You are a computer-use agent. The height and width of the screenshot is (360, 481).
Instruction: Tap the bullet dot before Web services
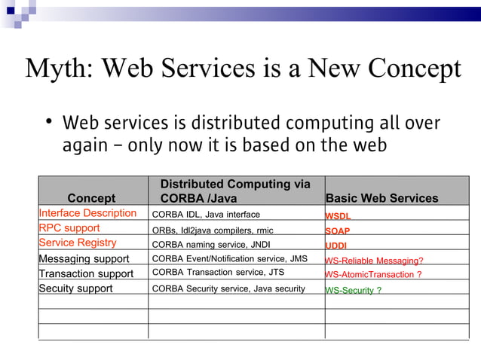click(47, 123)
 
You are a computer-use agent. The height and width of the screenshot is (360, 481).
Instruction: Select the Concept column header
click(91, 198)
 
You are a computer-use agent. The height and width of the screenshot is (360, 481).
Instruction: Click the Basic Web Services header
click(381, 198)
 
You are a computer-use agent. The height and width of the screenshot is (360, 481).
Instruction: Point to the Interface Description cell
click(87, 213)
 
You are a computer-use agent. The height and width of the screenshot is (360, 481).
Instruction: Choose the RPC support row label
click(69, 228)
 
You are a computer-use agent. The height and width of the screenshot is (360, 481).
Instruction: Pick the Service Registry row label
click(78, 243)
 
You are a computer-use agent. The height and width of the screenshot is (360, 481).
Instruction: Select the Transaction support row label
click(86, 273)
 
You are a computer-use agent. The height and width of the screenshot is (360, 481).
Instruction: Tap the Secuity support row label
click(75, 288)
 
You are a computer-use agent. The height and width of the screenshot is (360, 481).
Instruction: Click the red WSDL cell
click(337, 216)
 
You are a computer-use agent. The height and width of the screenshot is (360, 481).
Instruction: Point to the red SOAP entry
click(337, 231)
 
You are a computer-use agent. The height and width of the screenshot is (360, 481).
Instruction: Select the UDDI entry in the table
click(336, 246)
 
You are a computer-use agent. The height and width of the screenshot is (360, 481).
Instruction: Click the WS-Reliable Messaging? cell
click(374, 261)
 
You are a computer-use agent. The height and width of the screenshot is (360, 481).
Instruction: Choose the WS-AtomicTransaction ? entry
click(373, 275)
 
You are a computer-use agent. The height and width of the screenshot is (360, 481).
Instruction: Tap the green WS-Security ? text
click(353, 290)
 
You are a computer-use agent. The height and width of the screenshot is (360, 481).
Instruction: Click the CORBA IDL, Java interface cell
click(206, 215)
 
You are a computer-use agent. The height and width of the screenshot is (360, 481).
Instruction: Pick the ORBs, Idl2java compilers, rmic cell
click(213, 230)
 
